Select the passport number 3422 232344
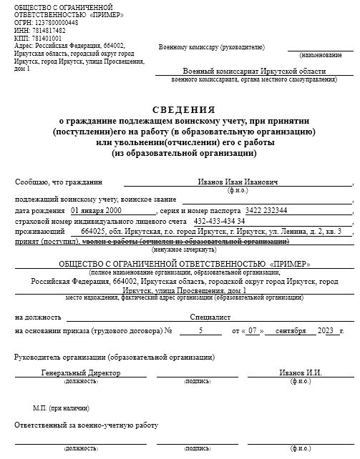[266, 211]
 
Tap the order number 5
[200, 331]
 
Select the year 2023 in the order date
[326, 331]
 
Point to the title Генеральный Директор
[80, 373]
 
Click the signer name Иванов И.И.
[301, 373]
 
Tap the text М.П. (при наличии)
[59, 408]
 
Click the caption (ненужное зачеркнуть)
[183, 250]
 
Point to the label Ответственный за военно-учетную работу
[86, 425]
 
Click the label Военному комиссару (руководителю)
[212, 47]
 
